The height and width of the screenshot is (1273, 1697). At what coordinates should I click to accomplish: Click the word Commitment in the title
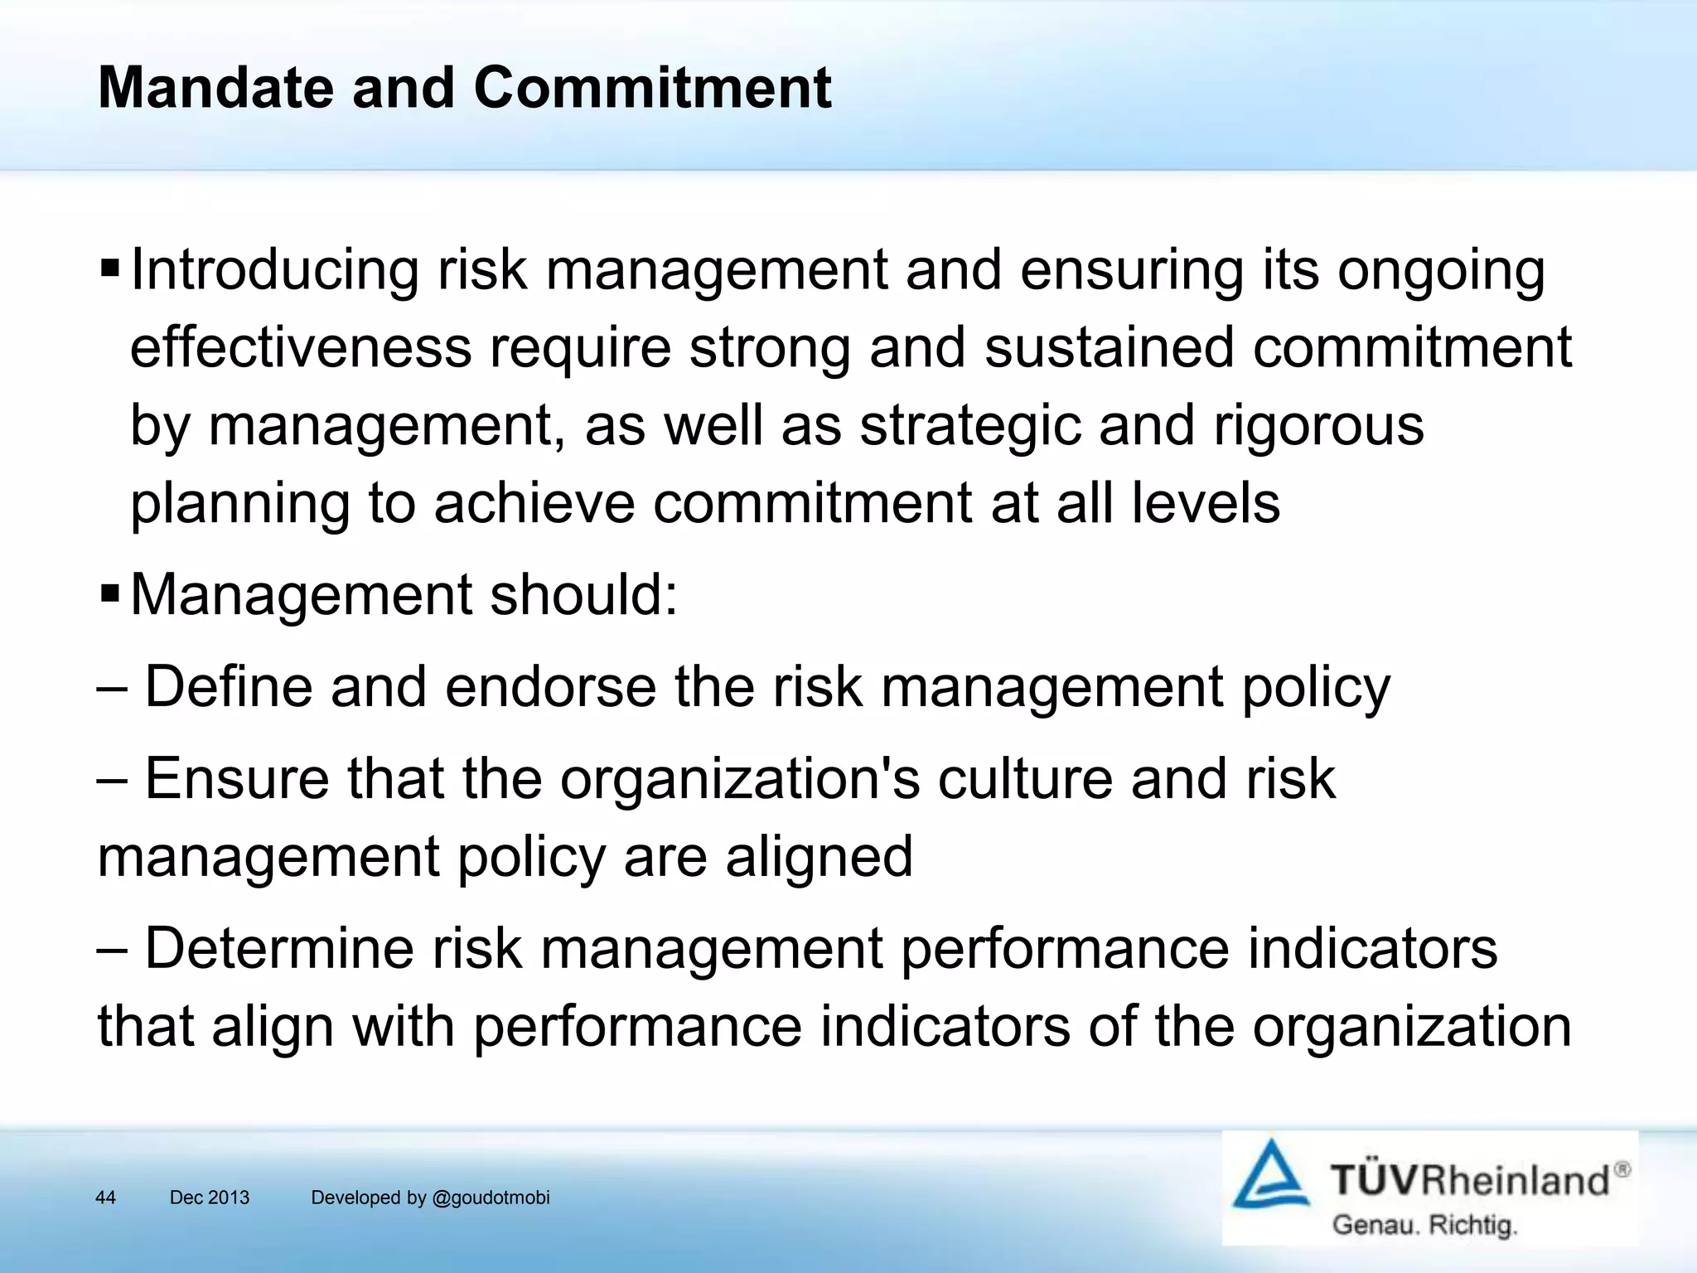pyautogui.click(x=652, y=88)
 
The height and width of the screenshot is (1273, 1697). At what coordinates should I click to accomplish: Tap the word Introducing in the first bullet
pyautogui.click(x=275, y=270)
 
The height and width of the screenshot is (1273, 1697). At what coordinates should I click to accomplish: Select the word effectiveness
pyautogui.click(x=301, y=347)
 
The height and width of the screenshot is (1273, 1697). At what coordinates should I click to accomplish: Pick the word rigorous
pyautogui.click(x=1318, y=426)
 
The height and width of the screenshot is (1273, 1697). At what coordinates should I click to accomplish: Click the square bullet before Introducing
pyautogui.click(x=109, y=269)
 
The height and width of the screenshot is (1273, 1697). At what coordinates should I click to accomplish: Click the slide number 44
pyautogui.click(x=106, y=1198)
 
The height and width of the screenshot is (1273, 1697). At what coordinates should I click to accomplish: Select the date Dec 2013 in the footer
pyautogui.click(x=210, y=1198)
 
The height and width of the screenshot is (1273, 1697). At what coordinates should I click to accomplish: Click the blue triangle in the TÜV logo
pyautogui.click(x=1269, y=1176)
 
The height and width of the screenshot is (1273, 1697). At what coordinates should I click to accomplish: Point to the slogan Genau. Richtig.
pyautogui.click(x=1424, y=1225)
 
